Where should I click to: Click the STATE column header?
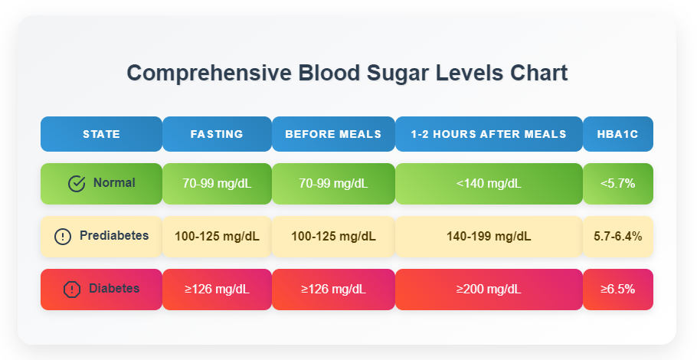tap(101, 134)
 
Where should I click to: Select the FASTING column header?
tap(217, 134)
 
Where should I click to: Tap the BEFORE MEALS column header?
tap(333, 134)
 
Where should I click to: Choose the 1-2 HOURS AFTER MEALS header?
tap(489, 134)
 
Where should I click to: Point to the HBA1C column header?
tap(617, 134)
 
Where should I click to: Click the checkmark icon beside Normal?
tap(77, 184)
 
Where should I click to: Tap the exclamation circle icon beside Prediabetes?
tap(63, 237)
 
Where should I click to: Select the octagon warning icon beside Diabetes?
tap(72, 290)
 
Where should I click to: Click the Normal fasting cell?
tap(217, 184)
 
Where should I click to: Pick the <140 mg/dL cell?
tap(489, 184)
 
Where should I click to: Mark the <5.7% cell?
tap(617, 184)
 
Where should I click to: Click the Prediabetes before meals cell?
tap(333, 237)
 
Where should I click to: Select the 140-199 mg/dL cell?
tap(489, 237)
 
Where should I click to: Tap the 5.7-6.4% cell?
tap(617, 237)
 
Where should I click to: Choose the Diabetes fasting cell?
tap(217, 290)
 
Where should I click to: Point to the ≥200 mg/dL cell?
tap(489, 290)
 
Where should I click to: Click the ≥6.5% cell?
tap(617, 290)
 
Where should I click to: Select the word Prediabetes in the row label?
tap(114, 236)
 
